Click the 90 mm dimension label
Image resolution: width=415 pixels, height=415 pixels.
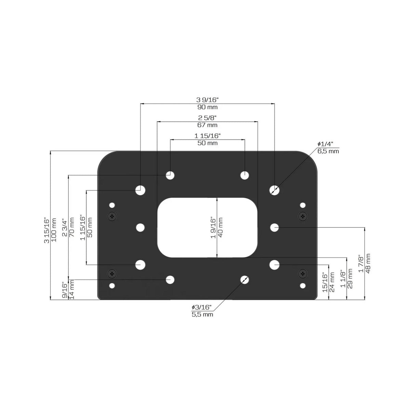point(207,107)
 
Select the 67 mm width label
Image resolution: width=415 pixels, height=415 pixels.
point(207,125)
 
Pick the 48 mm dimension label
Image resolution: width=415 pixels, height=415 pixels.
point(368,263)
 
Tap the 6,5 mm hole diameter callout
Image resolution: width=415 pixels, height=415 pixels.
point(328,151)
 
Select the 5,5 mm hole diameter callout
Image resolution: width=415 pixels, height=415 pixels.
point(202,314)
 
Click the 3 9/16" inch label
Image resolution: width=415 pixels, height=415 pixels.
point(207,100)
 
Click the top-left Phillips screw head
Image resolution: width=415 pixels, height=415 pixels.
point(112,216)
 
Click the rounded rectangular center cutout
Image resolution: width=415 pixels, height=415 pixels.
point(207,227)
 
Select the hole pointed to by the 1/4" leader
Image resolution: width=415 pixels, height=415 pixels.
point(274,190)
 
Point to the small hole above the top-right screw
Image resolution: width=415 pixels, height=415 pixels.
point(303,205)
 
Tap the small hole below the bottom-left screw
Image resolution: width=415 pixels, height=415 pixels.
point(112,285)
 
